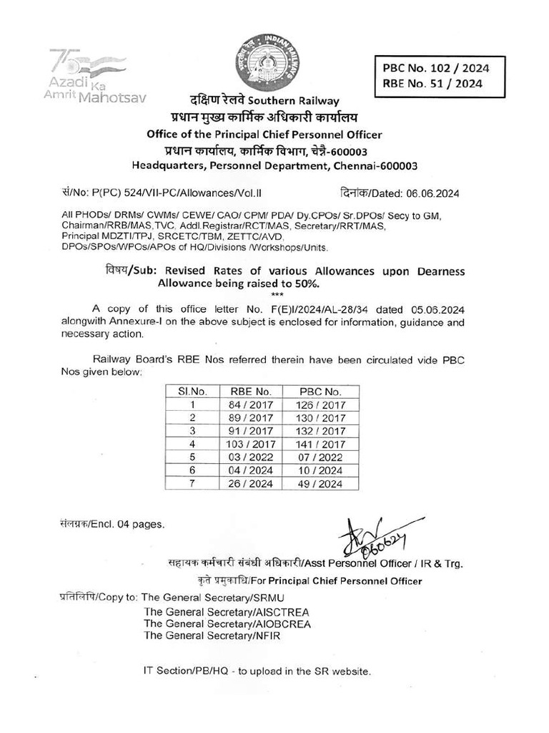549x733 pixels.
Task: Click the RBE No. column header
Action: click(251, 392)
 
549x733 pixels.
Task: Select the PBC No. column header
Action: click(320, 392)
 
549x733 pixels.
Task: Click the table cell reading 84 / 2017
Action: click(251, 405)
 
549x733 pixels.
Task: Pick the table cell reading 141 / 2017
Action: click(320, 445)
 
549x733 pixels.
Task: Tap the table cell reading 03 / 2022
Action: click(251, 457)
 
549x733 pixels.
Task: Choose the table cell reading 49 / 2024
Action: click(320, 484)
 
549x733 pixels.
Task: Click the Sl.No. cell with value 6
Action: click(192, 470)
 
